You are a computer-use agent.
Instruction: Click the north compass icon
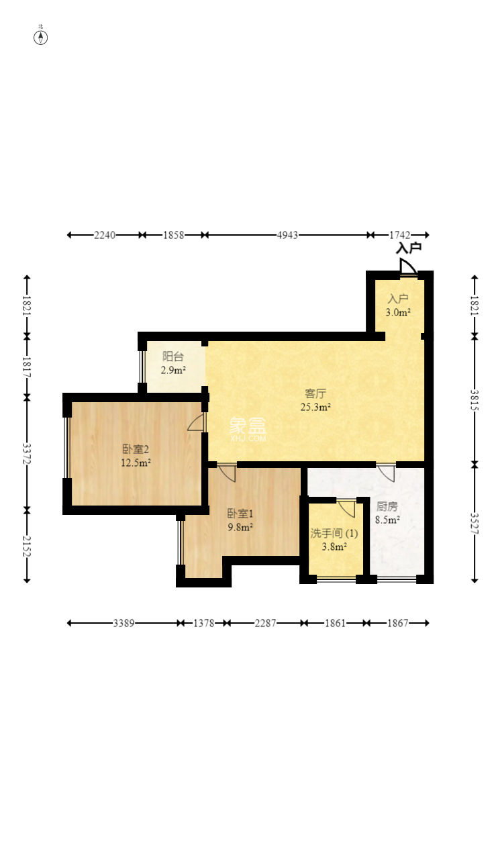tap(40, 38)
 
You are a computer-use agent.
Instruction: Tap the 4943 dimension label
tap(287, 235)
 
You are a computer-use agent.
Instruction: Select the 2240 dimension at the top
tap(105, 235)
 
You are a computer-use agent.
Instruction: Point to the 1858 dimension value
tap(174, 235)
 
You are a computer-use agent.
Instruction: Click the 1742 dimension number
tap(399, 235)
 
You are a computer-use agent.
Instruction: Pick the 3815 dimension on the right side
tap(475, 400)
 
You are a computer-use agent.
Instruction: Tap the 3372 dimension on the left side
tap(27, 454)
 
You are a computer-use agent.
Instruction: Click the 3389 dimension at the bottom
tap(123, 623)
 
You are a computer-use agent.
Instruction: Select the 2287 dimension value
tap(265, 623)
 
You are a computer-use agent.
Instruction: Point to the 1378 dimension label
tap(203, 623)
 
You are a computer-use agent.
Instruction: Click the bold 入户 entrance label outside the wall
tap(409, 248)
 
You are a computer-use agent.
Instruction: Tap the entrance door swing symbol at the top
tap(408, 267)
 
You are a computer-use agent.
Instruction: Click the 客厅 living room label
tap(315, 393)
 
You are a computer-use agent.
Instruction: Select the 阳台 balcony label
tap(173, 356)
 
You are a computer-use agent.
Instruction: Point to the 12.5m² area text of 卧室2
tap(136, 463)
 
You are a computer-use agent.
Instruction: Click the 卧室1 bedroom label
tap(240, 514)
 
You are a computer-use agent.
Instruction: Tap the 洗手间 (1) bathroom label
tap(334, 533)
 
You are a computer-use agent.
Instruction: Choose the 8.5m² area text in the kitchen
tap(387, 520)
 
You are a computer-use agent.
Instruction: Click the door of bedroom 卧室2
tap(197, 422)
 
